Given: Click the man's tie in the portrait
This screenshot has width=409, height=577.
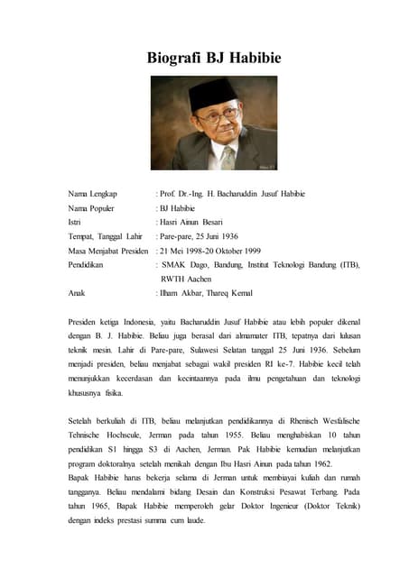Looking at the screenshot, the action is (x=228, y=158).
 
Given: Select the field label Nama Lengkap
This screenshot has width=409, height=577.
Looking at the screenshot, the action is (x=94, y=194).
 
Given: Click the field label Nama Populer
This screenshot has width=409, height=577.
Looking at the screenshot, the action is (x=94, y=208).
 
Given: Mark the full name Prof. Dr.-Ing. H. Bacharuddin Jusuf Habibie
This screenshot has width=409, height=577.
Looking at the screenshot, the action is (x=233, y=194).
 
